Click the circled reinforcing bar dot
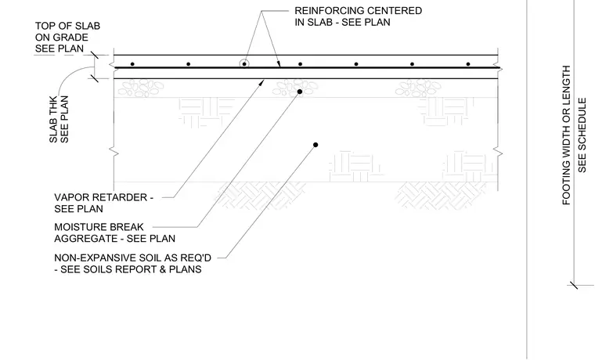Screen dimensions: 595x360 coord(244,63)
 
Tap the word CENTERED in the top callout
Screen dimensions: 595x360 coord(393,11)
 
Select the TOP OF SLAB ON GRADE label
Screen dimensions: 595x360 coord(67,38)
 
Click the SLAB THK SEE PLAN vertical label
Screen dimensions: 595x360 coord(59,119)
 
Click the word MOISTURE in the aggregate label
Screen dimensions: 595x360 coord(80,227)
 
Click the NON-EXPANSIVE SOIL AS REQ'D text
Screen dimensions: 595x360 coord(133,258)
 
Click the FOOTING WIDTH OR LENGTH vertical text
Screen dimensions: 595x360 coord(566,135)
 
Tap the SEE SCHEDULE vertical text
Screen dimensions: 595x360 coord(582,135)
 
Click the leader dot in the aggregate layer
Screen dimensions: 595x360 coord(300,92)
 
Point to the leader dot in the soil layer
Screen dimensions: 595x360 coord(316,145)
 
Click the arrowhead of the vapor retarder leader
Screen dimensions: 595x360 coord(261,82)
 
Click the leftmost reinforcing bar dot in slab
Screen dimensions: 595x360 coord(132,64)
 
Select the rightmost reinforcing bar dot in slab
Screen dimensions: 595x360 coord(468,64)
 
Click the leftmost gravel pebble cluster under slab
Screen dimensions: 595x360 coord(140,88)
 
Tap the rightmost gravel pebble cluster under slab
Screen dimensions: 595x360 coord(418,88)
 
